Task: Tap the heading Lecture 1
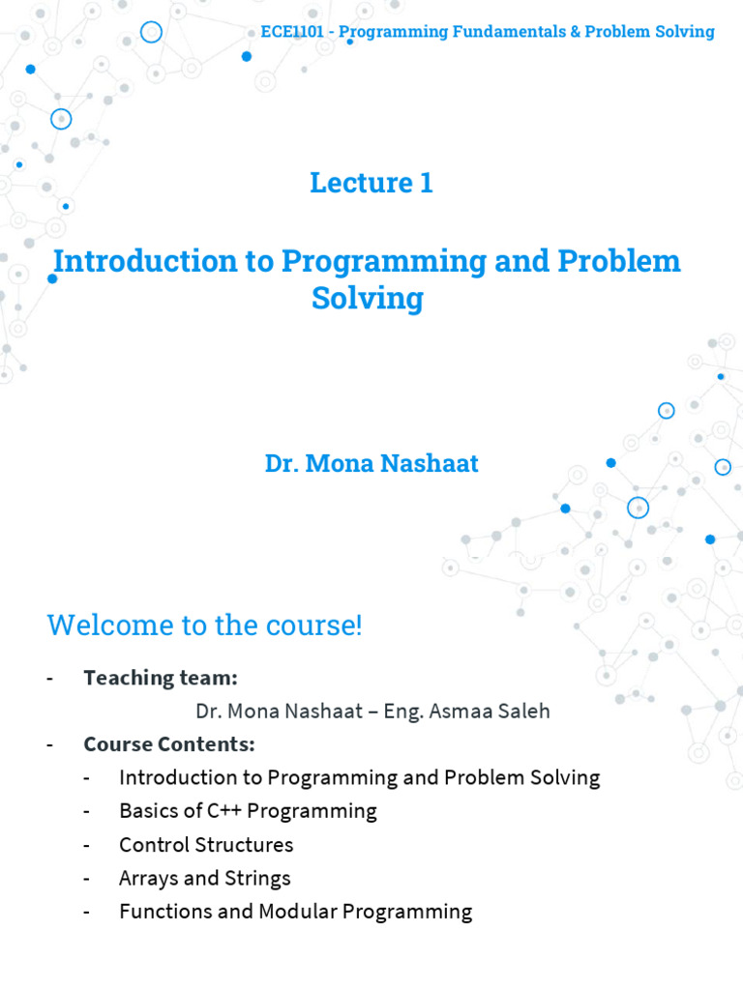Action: point(371,182)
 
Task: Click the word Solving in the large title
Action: point(368,299)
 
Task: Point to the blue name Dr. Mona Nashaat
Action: point(371,463)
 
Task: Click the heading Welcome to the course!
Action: point(204,625)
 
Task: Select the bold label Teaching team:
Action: point(161,677)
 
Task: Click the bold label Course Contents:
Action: point(169,744)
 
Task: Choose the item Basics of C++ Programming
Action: point(248,810)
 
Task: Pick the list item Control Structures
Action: point(206,844)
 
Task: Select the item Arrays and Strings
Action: point(205,878)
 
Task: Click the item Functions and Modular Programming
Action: point(295,911)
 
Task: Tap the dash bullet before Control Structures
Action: point(89,845)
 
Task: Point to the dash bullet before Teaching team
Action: point(50,678)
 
